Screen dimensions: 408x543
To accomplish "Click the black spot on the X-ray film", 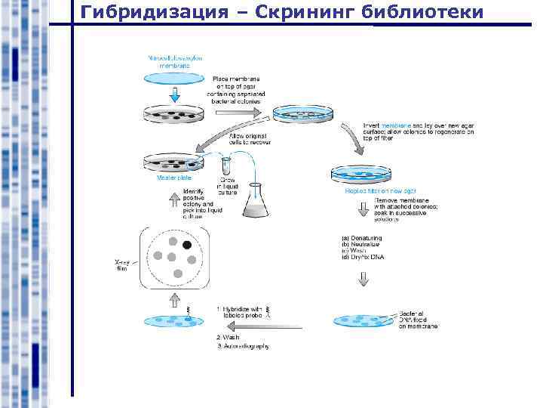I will pos(187,245).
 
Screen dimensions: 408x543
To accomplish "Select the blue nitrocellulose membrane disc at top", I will pos(174,76).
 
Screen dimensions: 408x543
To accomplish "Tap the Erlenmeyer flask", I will pos(256,199).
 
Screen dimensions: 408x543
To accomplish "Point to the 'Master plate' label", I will pos(167,178).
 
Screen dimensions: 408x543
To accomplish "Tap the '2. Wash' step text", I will pos(229,337).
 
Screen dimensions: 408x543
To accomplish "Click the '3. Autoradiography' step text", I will pos(242,346).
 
